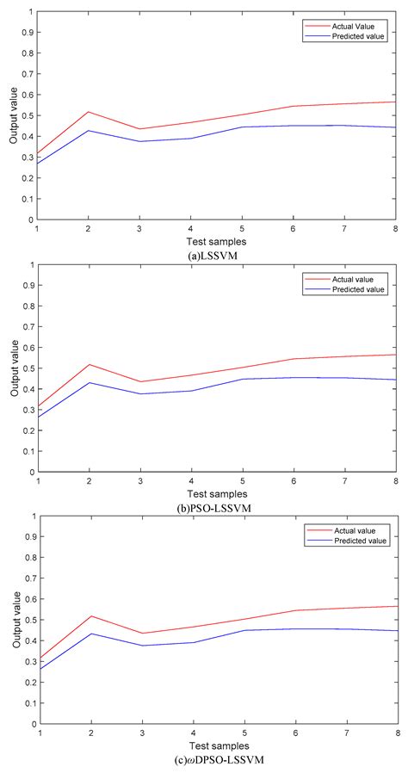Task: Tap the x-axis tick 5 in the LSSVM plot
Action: click(x=243, y=227)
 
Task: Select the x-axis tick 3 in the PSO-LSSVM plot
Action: click(x=139, y=481)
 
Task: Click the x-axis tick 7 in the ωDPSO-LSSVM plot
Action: click(x=345, y=733)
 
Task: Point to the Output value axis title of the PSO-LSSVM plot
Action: click(x=14, y=368)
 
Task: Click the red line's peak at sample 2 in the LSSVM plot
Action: click(x=89, y=112)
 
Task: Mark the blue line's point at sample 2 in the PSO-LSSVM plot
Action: click(x=89, y=382)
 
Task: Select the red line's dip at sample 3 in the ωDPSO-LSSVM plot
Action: click(x=139, y=634)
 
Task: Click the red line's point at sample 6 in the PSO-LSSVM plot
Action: click(x=294, y=358)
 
